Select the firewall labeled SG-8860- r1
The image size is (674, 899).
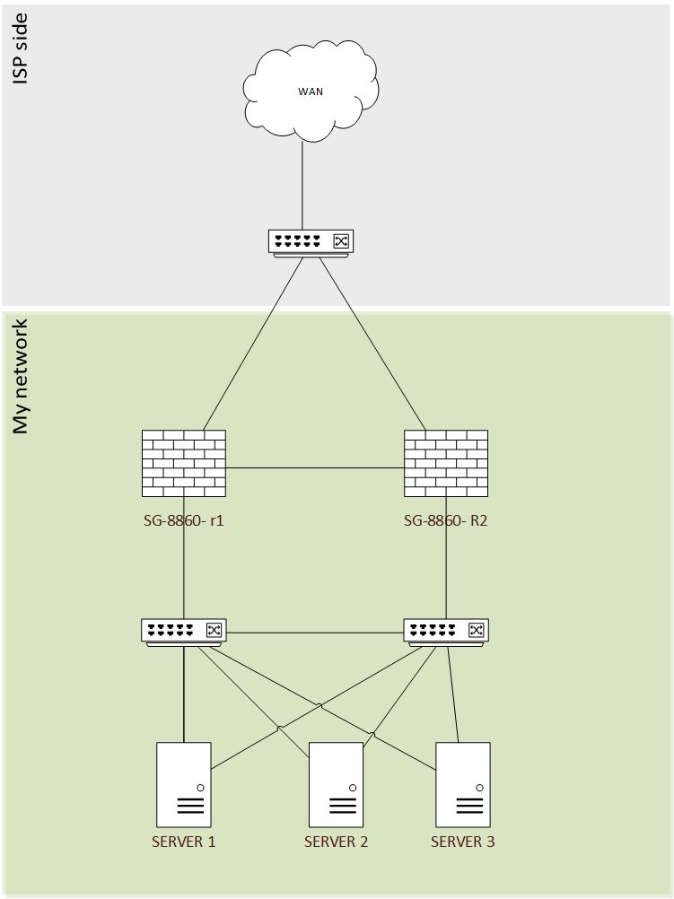click(x=183, y=463)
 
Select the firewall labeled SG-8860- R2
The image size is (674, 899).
click(x=446, y=463)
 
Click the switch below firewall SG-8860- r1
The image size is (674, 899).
click(x=183, y=631)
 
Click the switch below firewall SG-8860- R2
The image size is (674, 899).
click(x=446, y=631)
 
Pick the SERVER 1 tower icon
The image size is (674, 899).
click(x=183, y=784)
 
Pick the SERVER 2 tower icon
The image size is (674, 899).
click(x=336, y=784)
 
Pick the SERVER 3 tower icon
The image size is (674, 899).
click(x=463, y=784)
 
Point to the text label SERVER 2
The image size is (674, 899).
click(x=336, y=842)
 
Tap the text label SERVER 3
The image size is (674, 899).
click(x=463, y=842)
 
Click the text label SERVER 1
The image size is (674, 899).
click(x=183, y=842)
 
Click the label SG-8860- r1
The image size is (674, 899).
click(x=183, y=519)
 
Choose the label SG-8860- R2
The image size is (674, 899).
click(x=446, y=519)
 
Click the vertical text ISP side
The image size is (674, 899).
click(x=22, y=49)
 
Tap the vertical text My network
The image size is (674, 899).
click(x=22, y=376)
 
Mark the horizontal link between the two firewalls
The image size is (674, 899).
click(x=314, y=467)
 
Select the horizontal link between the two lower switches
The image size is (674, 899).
click(x=314, y=633)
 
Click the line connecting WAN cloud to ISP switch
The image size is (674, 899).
click(x=302, y=184)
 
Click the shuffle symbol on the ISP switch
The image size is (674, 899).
click(x=341, y=240)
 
